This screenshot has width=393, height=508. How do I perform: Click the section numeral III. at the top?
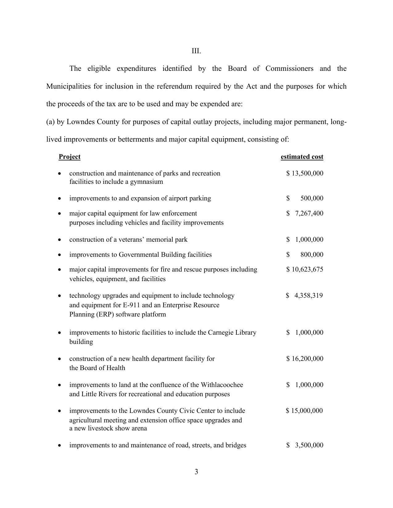click(x=196, y=51)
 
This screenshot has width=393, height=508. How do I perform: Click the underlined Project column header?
click(x=69, y=157)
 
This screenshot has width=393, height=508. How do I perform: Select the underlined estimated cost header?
click(x=302, y=157)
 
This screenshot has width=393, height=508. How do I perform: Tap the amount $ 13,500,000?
click(x=305, y=173)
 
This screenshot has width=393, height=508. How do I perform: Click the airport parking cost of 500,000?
click(x=312, y=198)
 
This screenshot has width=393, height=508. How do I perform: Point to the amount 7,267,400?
click(x=309, y=213)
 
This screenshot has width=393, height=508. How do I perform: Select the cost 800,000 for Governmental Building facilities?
click(x=312, y=255)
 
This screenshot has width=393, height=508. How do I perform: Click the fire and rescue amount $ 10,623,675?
click(x=305, y=269)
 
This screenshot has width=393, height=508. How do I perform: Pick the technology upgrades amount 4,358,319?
click(x=309, y=296)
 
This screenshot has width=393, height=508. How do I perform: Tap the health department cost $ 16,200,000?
click(x=305, y=359)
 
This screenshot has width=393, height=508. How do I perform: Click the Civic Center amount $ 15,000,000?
click(x=304, y=411)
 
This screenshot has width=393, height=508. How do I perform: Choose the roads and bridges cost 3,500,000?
click(x=309, y=445)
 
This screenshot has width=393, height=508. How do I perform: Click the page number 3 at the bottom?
click(x=196, y=472)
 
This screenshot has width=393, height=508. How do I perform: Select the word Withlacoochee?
click(x=222, y=385)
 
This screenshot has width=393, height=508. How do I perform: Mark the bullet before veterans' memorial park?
click(x=59, y=240)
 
